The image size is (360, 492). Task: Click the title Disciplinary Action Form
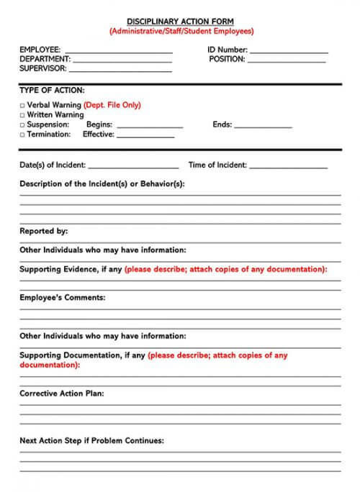181,22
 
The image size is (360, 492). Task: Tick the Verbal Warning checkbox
22,105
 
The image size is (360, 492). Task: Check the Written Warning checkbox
22,115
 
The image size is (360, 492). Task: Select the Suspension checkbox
22,124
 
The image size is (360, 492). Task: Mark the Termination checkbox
22,135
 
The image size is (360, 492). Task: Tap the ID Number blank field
289,52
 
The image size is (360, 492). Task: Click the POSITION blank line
287,61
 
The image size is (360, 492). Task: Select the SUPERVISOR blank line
120,70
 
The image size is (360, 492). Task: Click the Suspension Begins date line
150,127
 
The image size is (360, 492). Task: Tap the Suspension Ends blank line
263,127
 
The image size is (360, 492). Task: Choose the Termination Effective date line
146,136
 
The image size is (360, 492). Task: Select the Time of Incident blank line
288,167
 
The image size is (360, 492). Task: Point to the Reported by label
43,231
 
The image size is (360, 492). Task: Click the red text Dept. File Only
112,105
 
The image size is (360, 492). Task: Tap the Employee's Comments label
62,297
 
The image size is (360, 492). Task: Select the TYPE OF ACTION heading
52,91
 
